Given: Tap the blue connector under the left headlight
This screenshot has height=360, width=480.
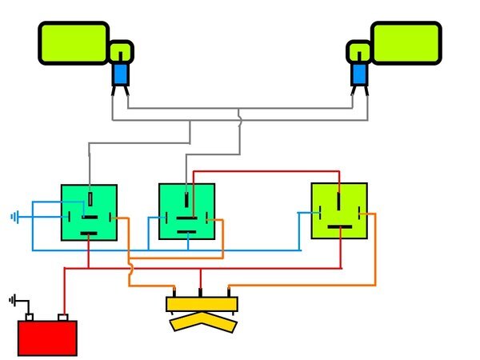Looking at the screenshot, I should [121, 74].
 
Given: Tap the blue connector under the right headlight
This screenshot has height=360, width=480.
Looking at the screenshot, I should [359, 74].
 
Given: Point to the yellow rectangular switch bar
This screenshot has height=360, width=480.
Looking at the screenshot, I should [202, 304].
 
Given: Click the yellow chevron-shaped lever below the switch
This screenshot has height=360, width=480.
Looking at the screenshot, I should [202, 322].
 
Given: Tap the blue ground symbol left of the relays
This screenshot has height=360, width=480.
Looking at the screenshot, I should [14, 216].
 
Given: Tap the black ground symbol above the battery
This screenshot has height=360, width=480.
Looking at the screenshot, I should [13, 301].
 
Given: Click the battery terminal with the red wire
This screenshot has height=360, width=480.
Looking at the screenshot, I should [62, 318].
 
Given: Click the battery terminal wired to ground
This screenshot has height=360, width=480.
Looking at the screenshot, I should [30, 318].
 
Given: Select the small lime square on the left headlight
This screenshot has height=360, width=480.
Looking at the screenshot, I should [121, 51].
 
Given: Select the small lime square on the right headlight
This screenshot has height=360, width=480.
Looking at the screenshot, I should [358, 51].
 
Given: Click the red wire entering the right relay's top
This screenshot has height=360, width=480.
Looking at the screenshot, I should [339, 180].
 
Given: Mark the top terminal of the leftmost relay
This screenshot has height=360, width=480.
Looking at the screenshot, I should [90, 198].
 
